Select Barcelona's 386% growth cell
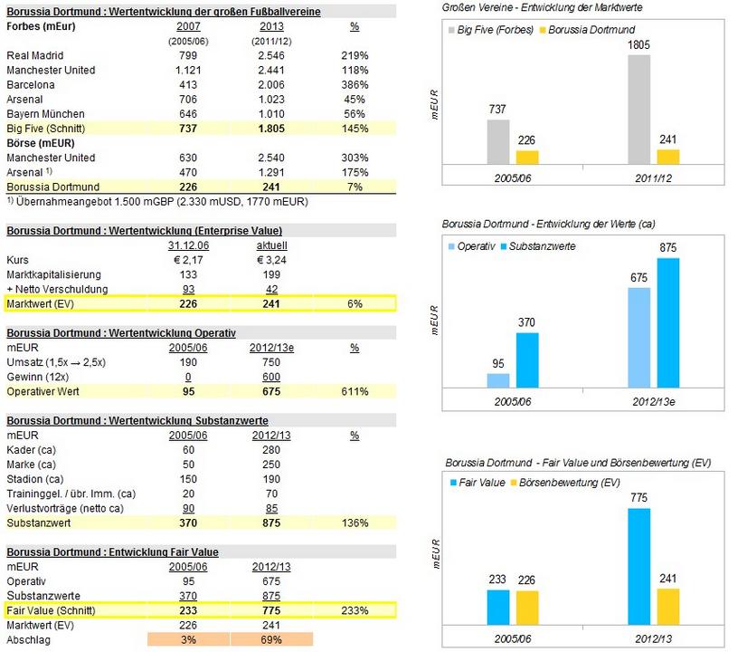click(355, 84)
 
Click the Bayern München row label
click(45, 114)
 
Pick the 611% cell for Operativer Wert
click(355, 391)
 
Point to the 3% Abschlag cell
click(189, 638)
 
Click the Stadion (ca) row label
click(34, 479)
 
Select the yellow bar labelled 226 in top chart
click(527, 157)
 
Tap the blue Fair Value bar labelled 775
click(638, 562)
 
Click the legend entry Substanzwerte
click(542, 247)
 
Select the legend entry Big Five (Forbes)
click(496, 30)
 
